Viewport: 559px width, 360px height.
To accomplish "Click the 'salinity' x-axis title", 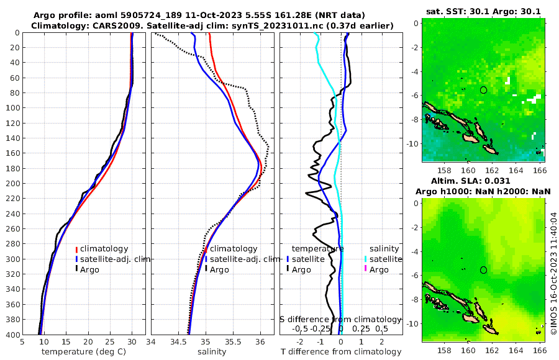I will coord(211,352).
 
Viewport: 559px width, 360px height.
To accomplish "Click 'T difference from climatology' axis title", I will coord(340,352).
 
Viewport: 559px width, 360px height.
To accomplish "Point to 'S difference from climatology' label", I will coord(341,318).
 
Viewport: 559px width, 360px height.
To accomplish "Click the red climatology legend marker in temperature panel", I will coord(77,249).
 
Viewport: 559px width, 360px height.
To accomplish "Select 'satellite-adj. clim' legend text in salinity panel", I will coord(244,259).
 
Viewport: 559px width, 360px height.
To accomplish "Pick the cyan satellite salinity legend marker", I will coord(366,259).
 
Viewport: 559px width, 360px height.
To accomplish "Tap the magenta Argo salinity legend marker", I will coord(366,270).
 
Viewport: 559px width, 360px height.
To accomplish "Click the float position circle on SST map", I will coord(484,90).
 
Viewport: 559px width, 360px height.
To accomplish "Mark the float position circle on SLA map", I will coord(484,270).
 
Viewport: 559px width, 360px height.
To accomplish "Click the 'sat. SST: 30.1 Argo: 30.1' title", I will coord(483,11).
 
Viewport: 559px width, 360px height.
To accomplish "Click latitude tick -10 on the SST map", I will coord(411,143).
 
